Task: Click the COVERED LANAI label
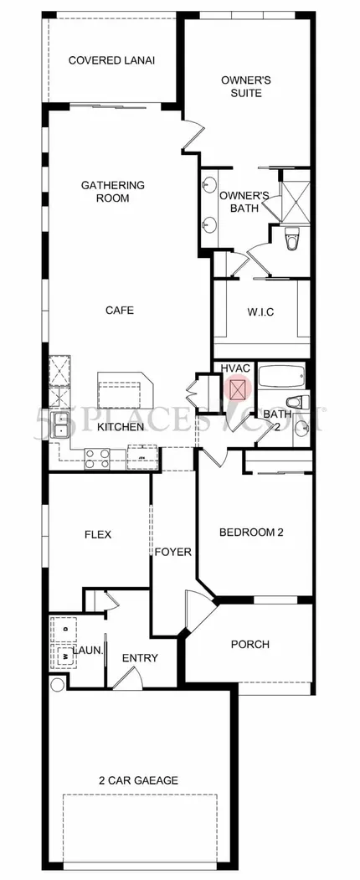click(111, 60)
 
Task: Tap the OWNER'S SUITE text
click(245, 86)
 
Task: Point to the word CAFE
click(120, 310)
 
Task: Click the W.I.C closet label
click(260, 312)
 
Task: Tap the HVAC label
click(234, 368)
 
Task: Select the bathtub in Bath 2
click(281, 376)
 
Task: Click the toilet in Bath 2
click(295, 402)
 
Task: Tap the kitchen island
click(126, 390)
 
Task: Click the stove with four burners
click(97, 459)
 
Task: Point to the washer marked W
click(64, 656)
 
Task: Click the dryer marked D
click(64, 629)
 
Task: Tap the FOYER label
click(173, 553)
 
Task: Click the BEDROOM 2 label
click(251, 532)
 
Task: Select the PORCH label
click(250, 644)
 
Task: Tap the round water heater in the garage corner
click(58, 685)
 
